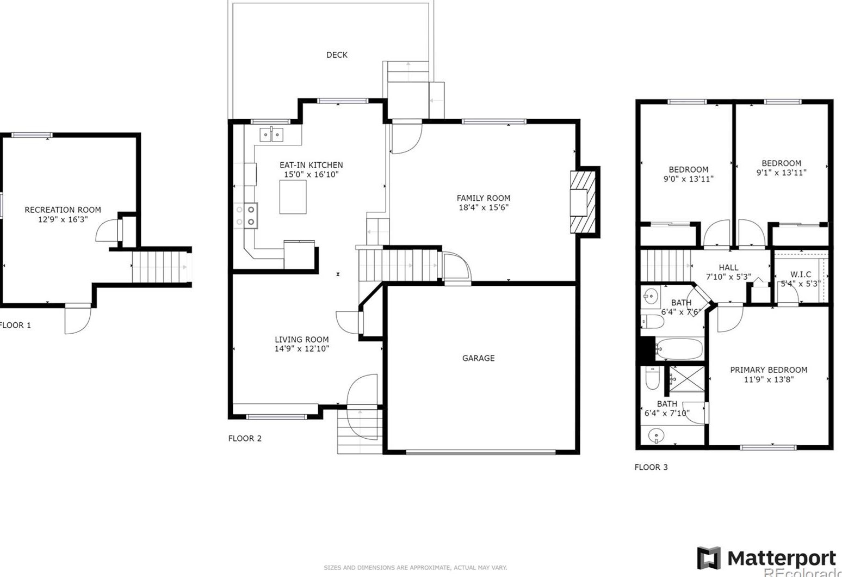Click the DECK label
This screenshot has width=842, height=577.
click(x=337, y=55)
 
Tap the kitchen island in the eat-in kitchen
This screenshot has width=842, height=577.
click(x=293, y=197)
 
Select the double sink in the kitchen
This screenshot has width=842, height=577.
click(x=271, y=134)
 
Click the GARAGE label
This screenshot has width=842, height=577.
click(x=478, y=358)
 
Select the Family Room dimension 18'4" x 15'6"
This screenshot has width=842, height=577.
click(x=483, y=207)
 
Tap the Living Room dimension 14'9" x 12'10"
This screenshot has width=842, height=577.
click(x=301, y=349)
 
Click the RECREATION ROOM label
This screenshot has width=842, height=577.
click(x=63, y=210)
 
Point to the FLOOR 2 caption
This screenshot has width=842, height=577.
click(x=245, y=439)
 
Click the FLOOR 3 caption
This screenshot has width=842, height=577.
click(x=651, y=468)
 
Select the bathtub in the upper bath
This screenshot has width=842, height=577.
click(x=679, y=349)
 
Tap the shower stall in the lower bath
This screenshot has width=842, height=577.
click(x=686, y=379)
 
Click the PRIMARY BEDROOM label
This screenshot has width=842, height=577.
click(x=768, y=370)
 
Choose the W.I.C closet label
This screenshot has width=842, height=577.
click(x=801, y=275)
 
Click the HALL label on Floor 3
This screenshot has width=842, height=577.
click(x=728, y=268)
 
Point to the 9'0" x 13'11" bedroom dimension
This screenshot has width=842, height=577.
click(x=688, y=179)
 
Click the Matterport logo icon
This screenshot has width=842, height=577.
click(x=709, y=558)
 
